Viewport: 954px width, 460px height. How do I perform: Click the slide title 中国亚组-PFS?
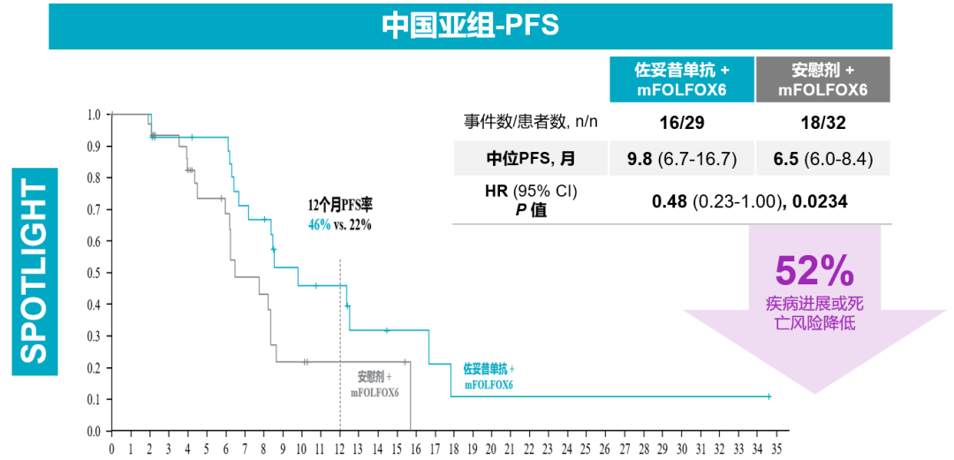470,24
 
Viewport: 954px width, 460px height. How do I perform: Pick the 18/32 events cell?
821,122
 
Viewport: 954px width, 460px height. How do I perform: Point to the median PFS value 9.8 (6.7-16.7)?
681,159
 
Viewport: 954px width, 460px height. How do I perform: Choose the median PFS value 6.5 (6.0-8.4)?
822,159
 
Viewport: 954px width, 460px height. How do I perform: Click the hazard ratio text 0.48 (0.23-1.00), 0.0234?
749,202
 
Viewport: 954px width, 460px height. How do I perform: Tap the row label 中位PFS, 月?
530,159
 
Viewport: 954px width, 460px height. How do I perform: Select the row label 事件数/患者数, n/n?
531,122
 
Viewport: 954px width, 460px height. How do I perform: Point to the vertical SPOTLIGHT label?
34,271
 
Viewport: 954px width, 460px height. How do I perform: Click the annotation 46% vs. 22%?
339,224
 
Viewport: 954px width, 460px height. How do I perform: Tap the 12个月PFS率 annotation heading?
340,205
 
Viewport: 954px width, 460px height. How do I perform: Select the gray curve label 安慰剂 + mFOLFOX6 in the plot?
375,384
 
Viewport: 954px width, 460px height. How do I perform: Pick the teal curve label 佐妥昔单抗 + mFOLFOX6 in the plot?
488,376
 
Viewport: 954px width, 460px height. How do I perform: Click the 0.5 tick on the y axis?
94,273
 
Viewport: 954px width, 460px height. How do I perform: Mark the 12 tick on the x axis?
339,449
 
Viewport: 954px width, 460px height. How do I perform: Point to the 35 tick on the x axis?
776,449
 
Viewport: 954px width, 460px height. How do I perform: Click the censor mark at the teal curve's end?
768,396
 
